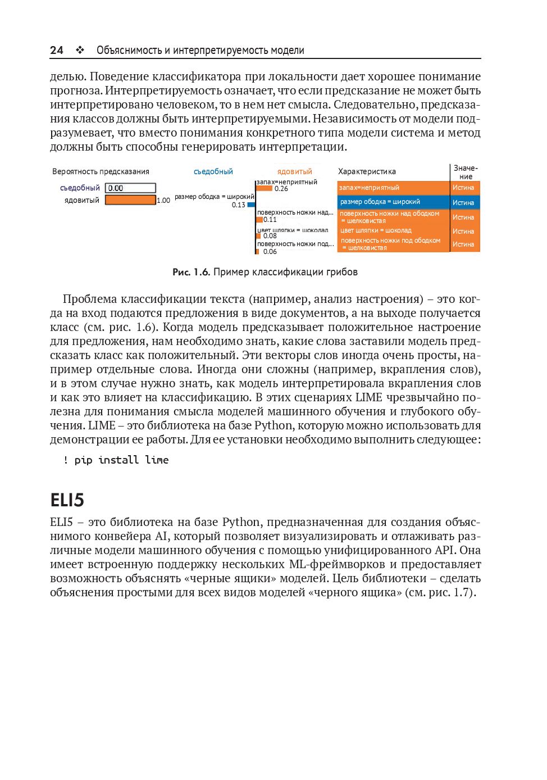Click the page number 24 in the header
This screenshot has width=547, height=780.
point(57,50)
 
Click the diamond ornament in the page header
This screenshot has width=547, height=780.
point(80,50)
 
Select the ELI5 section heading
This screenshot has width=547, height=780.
point(67,500)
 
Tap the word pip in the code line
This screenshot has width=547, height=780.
point(83,460)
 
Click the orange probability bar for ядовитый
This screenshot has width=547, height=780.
point(130,200)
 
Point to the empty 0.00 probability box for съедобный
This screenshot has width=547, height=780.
point(130,188)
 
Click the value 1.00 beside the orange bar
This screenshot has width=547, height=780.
point(163,201)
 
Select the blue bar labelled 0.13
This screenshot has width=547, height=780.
point(251,205)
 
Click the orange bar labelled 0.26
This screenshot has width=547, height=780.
point(264,188)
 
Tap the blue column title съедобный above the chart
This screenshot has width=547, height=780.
point(213,171)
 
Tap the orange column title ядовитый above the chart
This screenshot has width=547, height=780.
point(294,171)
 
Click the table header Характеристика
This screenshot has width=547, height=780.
point(367,171)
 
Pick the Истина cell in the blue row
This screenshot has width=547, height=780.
point(463,202)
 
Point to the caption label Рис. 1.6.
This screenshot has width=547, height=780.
point(191,272)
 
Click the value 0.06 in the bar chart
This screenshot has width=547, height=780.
point(270,252)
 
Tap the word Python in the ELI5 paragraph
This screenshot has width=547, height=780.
point(241,522)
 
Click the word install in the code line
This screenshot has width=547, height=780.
point(118,460)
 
